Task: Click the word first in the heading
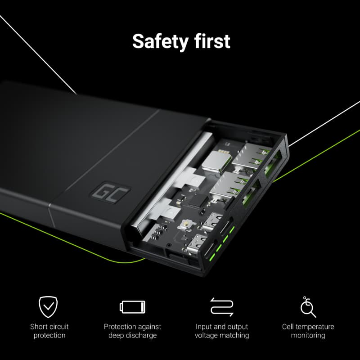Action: click(211, 41)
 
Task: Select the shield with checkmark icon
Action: click(49, 307)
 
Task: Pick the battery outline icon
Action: click(132, 307)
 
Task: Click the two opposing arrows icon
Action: click(222, 307)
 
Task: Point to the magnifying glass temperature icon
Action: click(308, 307)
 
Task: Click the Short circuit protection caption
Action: click(49, 331)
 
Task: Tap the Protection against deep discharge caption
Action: click(132, 331)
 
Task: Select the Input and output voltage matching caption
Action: click(222, 331)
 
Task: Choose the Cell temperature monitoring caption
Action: click(308, 331)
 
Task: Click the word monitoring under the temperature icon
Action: click(308, 336)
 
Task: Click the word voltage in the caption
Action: click(207, 336)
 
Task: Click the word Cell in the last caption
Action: click(288, 327)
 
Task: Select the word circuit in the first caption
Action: click(59, 327)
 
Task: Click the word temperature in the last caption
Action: click(315, 327)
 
